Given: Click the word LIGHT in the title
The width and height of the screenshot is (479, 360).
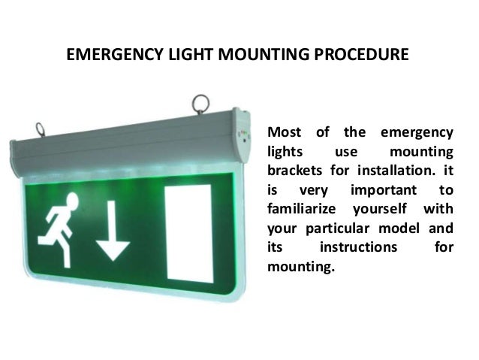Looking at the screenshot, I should (x=182, y=56).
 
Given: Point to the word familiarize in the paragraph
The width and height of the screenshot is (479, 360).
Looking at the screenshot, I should (x=302, y=208).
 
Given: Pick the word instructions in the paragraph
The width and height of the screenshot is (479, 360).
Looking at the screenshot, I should (x=357, y=246).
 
